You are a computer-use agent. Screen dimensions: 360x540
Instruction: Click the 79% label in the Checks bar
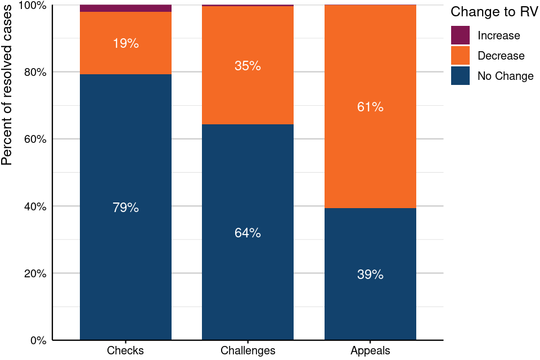pos(125,208)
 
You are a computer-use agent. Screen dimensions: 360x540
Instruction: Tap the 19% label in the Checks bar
pos(125,43)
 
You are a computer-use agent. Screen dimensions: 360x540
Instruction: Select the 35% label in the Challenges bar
pos(247,66)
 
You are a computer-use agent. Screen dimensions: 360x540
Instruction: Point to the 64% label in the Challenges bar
pos(247,233)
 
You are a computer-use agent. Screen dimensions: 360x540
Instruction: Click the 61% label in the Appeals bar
pos(370,107)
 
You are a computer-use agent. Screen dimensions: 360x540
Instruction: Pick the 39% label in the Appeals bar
pos(370,274)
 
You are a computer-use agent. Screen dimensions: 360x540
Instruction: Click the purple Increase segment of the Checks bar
pos(125,8)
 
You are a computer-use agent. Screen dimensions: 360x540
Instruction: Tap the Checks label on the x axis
pos(125,350)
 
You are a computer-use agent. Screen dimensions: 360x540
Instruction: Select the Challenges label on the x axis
pos(247,350)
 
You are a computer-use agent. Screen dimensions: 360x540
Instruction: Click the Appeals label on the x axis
pos(370,350)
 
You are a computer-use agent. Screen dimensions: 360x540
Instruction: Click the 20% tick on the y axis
pos(35,273)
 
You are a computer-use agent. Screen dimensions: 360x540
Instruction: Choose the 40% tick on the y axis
pos(35,206)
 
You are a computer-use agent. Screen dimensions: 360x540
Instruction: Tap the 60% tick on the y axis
pos(35,139)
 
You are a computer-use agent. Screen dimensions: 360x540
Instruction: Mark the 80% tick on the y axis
pos(35,72)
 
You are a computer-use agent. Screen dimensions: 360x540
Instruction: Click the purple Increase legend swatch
pos(460,35)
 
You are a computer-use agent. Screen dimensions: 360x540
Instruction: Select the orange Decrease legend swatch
pos(460,56)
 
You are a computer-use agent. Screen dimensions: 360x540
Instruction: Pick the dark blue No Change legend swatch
pos(460,76)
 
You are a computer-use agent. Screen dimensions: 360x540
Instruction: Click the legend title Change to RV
pos(490,12)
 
